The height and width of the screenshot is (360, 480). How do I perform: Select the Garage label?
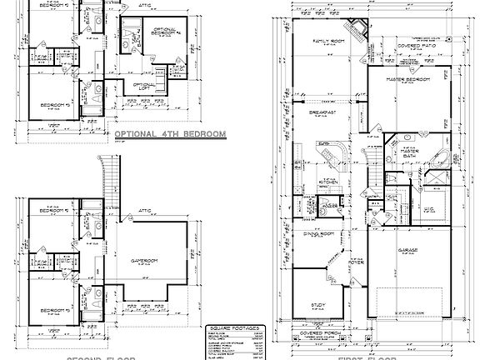(407, 250)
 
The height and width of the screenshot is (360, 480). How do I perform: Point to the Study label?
(318, 306)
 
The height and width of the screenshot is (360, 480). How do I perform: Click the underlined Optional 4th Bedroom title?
(169, 132)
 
